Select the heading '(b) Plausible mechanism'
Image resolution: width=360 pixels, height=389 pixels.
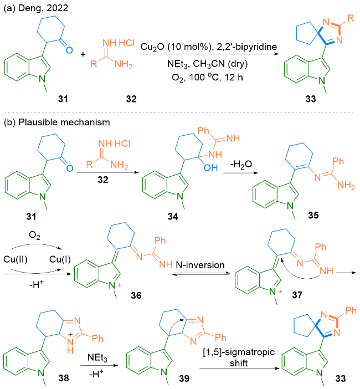(44, 121)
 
